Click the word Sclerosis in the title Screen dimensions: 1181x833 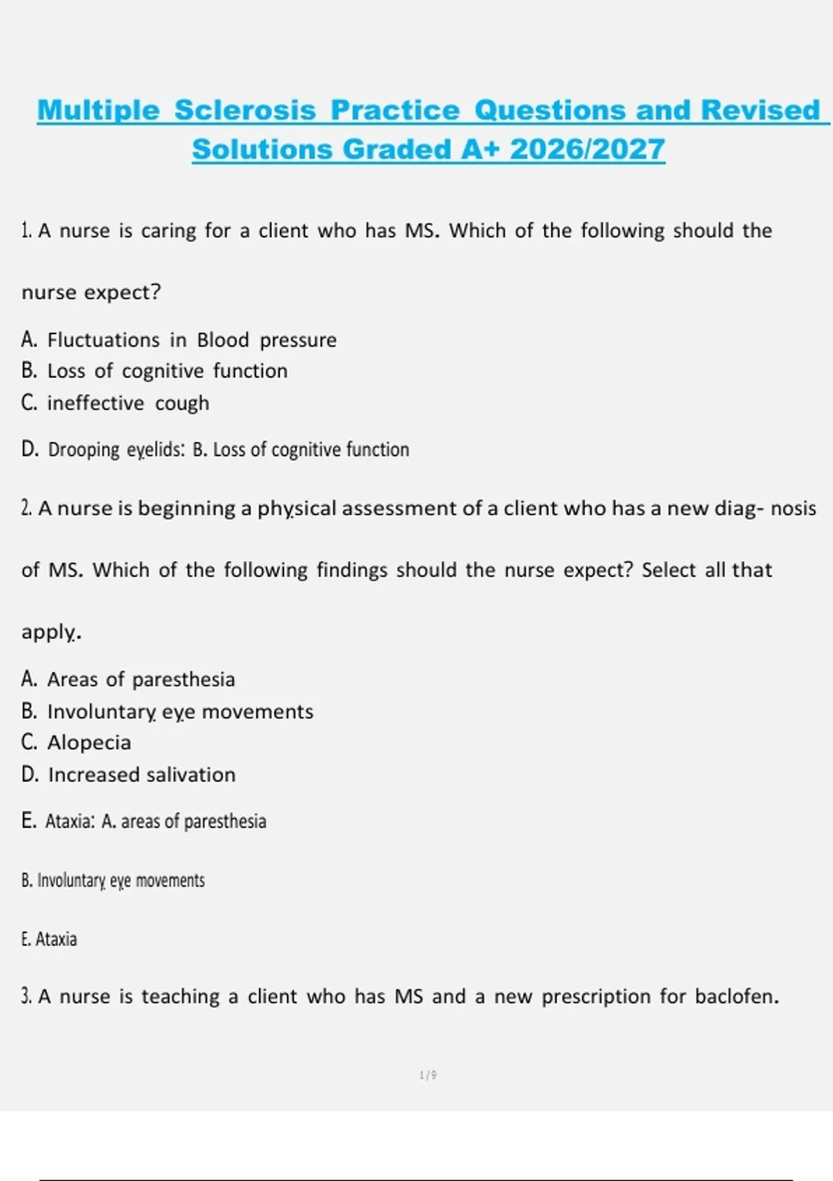click(x=245, y=110)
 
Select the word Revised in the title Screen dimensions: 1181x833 click(x=761, y=110)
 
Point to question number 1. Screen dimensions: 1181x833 click(x=26, y=231)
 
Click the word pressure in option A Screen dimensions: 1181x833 click(x=298, y=340)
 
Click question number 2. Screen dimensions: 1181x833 click(x=26, y=509)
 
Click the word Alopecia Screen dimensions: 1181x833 click(x=89, y=743)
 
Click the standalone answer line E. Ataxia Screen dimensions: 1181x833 click(x=49, y=939)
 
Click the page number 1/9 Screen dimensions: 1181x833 click(x=428, y=1075)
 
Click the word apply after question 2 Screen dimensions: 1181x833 click(x=50, y=632)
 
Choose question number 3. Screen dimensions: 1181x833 click(x=26, y=997)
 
